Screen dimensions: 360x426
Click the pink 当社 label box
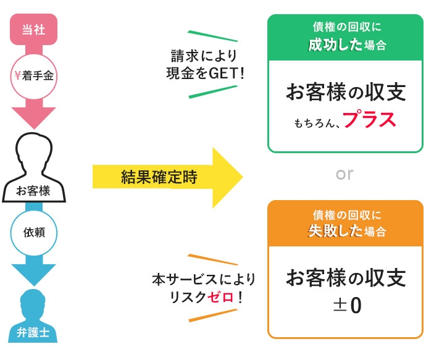35,28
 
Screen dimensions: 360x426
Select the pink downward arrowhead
34,118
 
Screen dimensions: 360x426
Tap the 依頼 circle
34,233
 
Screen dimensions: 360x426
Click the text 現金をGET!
204,73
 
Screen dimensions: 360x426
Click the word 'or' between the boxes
345,175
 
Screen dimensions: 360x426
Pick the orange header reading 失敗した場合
345,224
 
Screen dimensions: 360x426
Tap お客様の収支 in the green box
345,93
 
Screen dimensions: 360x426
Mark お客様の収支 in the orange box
345,278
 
